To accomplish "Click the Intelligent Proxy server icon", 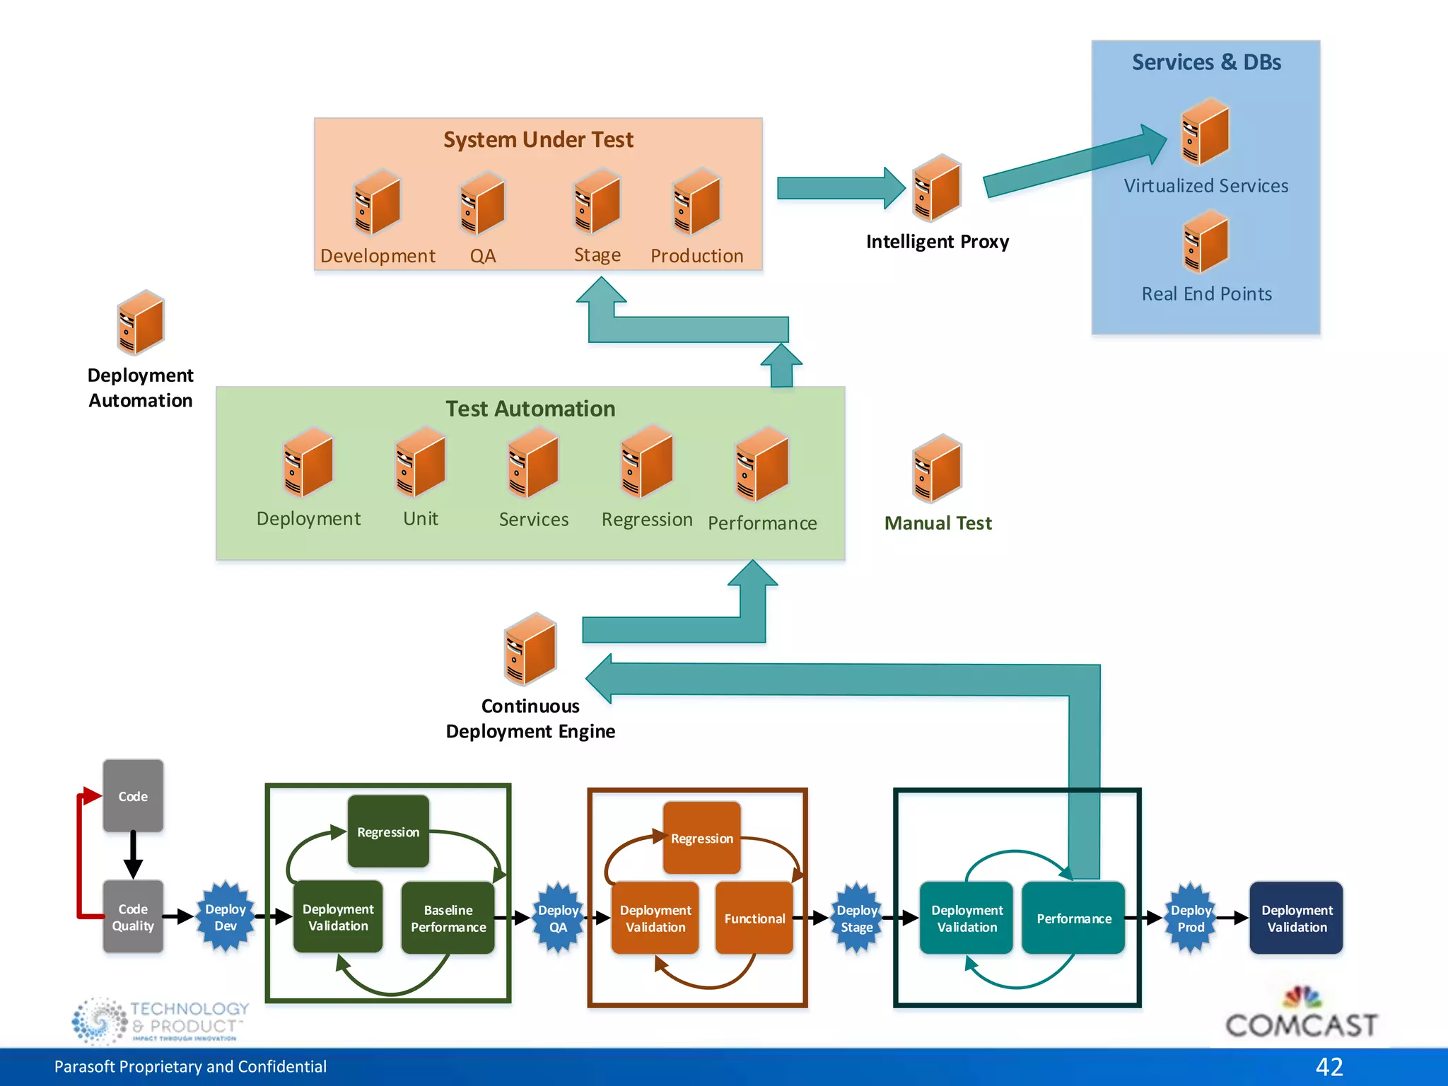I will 936,188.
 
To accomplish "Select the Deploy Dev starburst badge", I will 225,917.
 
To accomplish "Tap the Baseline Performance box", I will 448,918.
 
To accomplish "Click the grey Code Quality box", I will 133,917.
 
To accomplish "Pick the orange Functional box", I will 754,918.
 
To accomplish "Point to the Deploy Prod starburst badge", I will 1191,918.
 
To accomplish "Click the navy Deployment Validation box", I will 1296,918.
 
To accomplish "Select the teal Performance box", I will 1073,918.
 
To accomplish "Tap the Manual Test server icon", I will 937,469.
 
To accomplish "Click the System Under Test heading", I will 538,139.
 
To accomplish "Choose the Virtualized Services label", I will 1205,186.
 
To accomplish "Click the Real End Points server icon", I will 1205,243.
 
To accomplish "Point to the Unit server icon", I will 421,462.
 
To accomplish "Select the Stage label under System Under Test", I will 597,255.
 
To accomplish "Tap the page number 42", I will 1329,1066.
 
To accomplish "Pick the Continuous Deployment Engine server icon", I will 530,649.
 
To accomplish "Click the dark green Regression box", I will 388,831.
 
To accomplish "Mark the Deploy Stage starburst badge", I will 856,918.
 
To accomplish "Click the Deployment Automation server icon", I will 140,322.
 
